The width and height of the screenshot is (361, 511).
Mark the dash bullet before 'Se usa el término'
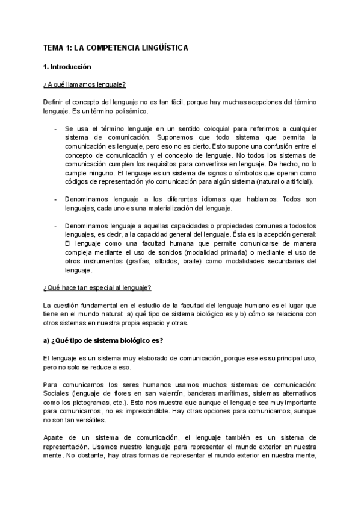pyautogui.click(x=55, y=129)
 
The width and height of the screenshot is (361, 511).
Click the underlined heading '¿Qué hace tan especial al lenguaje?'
pyautogui.click(x=97, y=288)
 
